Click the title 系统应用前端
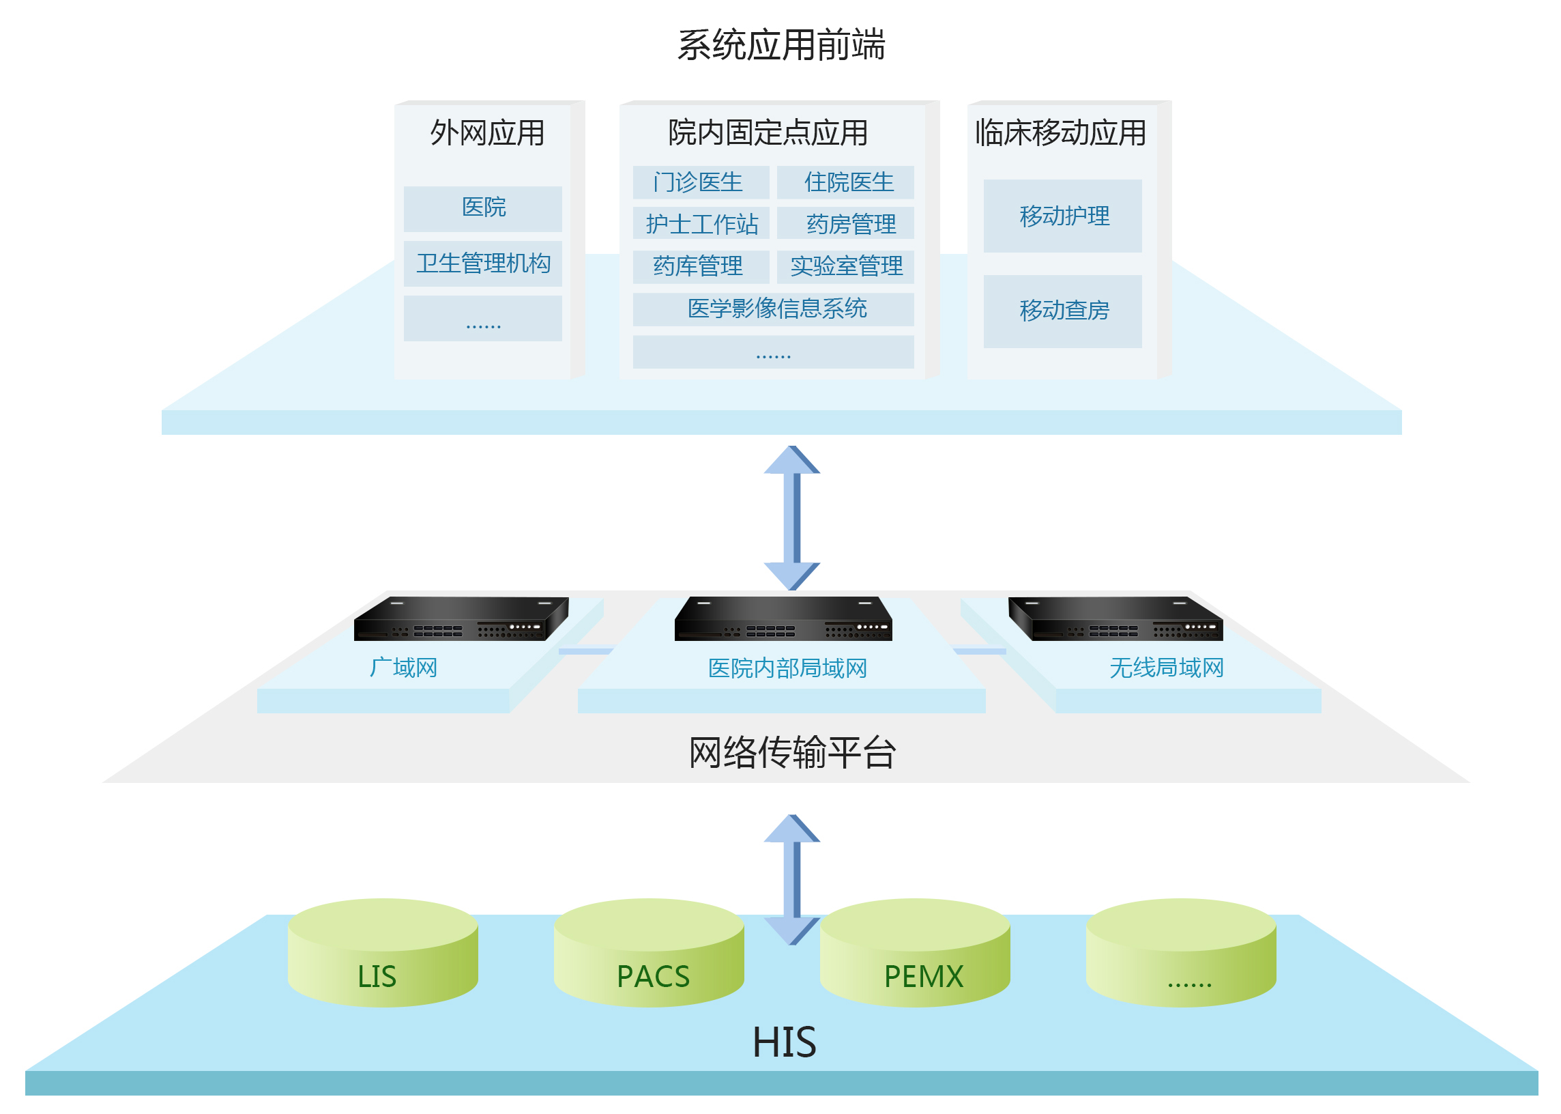tap(781, 45)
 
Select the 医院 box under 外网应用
tap(482, 208)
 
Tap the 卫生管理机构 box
tap(482, 263)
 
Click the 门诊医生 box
tap(701, 182)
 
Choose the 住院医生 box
tap(845, 182)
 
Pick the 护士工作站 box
tap(701, 224)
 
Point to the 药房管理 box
tap(845, 224)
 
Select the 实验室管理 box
tap(845, 266)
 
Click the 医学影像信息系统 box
tap(773, 309)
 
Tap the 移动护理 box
tap(1062, 216)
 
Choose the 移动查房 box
tap(1062, 311)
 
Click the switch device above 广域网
tap(461, 618)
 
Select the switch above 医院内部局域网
tap(784, 618)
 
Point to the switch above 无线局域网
tap(1115, 618)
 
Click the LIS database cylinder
tap(383, 953)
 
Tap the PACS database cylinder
tap(649, 953)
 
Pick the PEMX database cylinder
tap(914, 953)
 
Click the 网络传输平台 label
tap(792, 752)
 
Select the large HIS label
tap(785, 1042)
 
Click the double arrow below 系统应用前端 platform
tap(792, 518)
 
